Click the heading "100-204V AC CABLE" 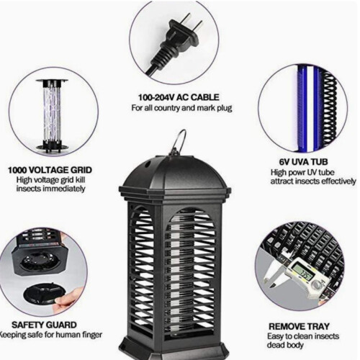pyautogui.click(x=179, y=97)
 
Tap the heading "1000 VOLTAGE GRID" pyautogui.click(x=50, y=170)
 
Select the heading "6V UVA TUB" pyautogui.click(x=303, y=162)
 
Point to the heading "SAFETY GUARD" pyautogui.click(x=44, y=325)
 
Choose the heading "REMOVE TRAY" pyautogui.click(x=299, y=326)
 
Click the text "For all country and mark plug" pyautogui.click(x=181, y=108)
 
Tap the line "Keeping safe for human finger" pyautogui.click(x=51, y=335)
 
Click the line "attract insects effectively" pyautogui.click(x=313, y=181)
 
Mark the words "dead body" pyautogui.click(x=285, y=345)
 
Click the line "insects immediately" pyautogui.click(x=50, y=189)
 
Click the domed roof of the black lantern pyautogui.click(x=175, y=174)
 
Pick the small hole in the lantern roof pyautogui.click(x=148, y=164)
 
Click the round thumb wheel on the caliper pyautogui.click(x=317, y=285)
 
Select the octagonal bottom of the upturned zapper pyautogui.click(x=40, y=259)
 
